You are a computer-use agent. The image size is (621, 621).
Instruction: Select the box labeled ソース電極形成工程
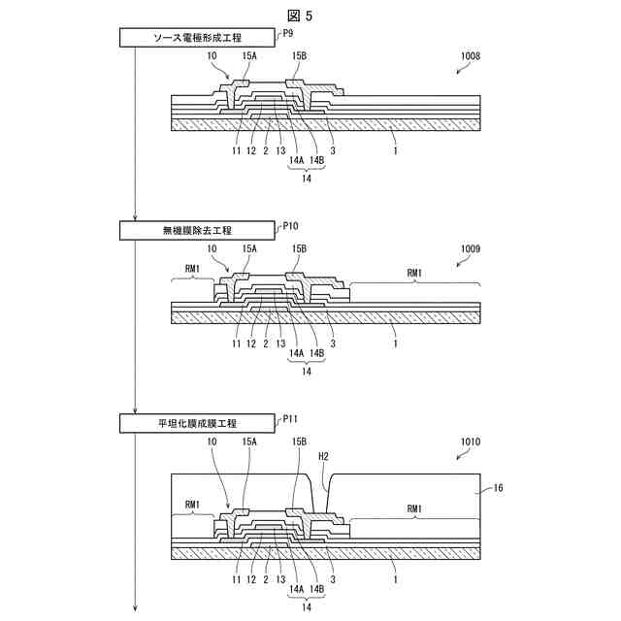tap(196, 38)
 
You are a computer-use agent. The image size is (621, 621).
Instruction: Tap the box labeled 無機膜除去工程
tap(196, 230)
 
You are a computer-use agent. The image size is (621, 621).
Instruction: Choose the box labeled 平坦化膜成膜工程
tap(196, 423)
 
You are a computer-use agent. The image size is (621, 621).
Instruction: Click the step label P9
tap(286, 33)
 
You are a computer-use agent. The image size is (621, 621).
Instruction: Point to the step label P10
tap(289, 225)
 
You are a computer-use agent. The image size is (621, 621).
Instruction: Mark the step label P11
tap(289, 418)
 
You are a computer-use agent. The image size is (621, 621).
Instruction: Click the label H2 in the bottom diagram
tap(324, 455)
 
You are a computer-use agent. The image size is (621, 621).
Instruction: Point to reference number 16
tap(498, 489)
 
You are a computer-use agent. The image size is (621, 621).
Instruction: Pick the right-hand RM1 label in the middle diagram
tap(414, 273)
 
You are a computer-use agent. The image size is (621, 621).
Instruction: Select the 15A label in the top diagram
tap(249, 57)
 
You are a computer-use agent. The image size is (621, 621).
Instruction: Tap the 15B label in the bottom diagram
tap(299, 441)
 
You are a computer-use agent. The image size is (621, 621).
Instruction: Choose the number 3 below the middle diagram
tap(333, 343)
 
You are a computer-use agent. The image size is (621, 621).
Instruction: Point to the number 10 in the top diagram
tap(212, 57)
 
